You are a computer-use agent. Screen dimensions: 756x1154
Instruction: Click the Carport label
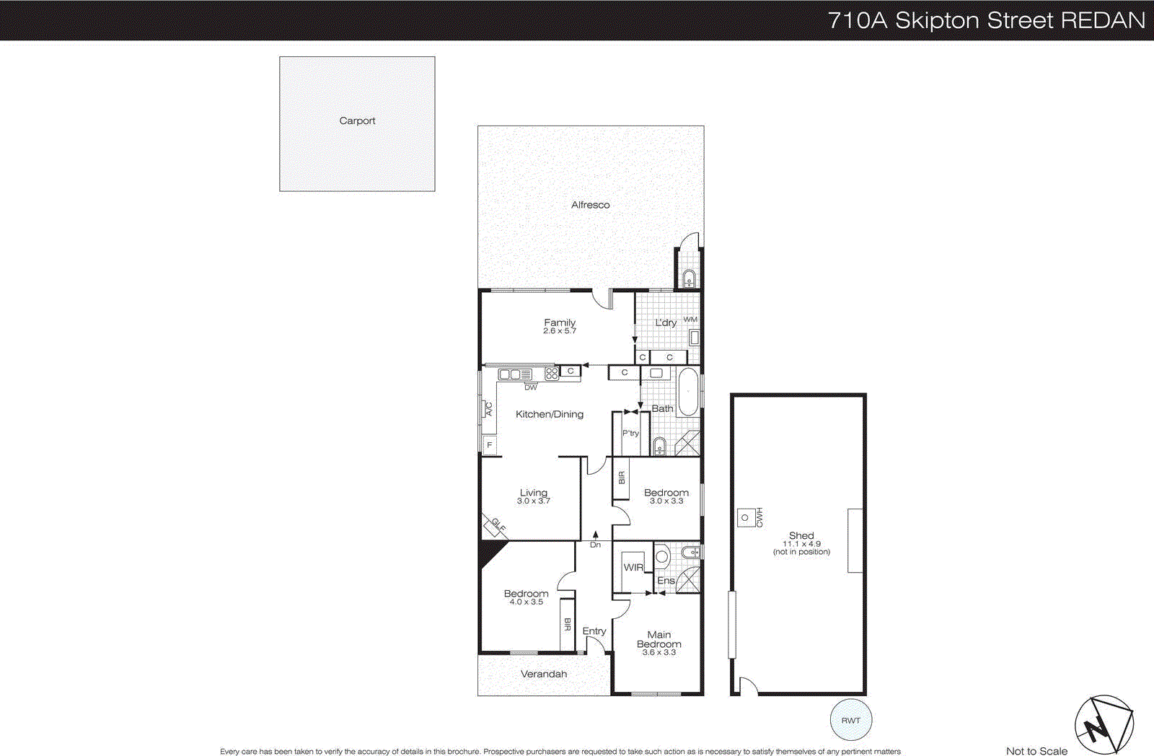[x=357, y=120]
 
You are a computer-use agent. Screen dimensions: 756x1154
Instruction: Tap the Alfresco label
[x=590, y=205]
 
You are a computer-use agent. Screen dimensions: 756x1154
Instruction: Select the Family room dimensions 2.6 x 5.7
[x=560, y=331]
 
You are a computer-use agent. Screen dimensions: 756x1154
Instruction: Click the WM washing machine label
[x=690, y=320]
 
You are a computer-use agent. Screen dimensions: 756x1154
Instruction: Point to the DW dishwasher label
[x=531, y=387]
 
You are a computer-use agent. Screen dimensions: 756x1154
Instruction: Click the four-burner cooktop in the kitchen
[x=552, y=373]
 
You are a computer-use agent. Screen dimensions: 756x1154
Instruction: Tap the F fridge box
[x=490, y=445]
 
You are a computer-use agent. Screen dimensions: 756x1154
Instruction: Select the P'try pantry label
[x=630, y=433]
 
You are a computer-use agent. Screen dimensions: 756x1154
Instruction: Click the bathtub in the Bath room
[x=689, y=392]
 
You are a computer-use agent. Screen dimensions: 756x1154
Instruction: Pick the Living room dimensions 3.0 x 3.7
[x=534, y=501]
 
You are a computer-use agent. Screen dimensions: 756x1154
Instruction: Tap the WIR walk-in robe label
[x=633, y=568]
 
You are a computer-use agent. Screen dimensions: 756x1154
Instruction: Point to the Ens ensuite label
[x=666, y=581]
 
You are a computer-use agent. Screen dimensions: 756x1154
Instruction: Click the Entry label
[x=594, y=631]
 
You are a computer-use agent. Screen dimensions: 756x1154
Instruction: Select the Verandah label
[x=544, y=674]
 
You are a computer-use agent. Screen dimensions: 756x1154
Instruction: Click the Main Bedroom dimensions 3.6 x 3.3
[x=659, y=652]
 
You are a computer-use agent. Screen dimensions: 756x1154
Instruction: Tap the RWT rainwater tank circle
[x=851, y=720]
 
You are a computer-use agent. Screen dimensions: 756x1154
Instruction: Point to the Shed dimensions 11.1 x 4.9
[x=801, y=544]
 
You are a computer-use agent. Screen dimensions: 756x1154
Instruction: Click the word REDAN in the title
[x=1103, y=20]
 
